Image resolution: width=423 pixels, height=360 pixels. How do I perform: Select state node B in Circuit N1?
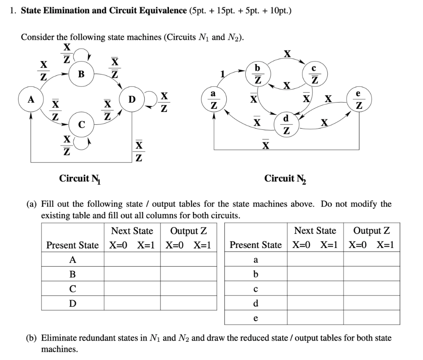[x=81, y=74]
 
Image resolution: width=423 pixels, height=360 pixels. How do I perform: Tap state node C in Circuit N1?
[x=81, y=124]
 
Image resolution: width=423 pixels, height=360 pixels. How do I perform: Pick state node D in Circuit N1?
[x=131, y=100]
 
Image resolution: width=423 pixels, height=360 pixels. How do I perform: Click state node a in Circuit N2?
[x=214, y=100]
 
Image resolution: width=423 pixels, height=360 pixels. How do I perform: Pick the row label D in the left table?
[x=72, y=303]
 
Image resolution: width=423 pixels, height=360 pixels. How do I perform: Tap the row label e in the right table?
[x=256, y=318]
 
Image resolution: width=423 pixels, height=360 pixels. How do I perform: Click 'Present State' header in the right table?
[x=256, y=245]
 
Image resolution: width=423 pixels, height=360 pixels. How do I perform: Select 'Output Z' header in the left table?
[x=188, y=231]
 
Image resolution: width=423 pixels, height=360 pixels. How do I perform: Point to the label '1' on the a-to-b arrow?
[x=223, y=74]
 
